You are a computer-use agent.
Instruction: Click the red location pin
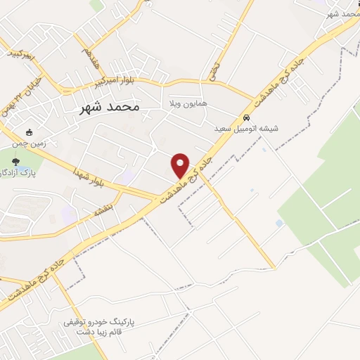[181, 165]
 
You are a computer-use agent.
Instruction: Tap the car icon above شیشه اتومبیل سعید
[246, 117]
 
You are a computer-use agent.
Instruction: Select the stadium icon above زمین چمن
[29, 131]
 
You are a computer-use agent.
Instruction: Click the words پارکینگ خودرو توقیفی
[99, 322]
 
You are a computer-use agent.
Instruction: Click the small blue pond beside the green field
[279, 223]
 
